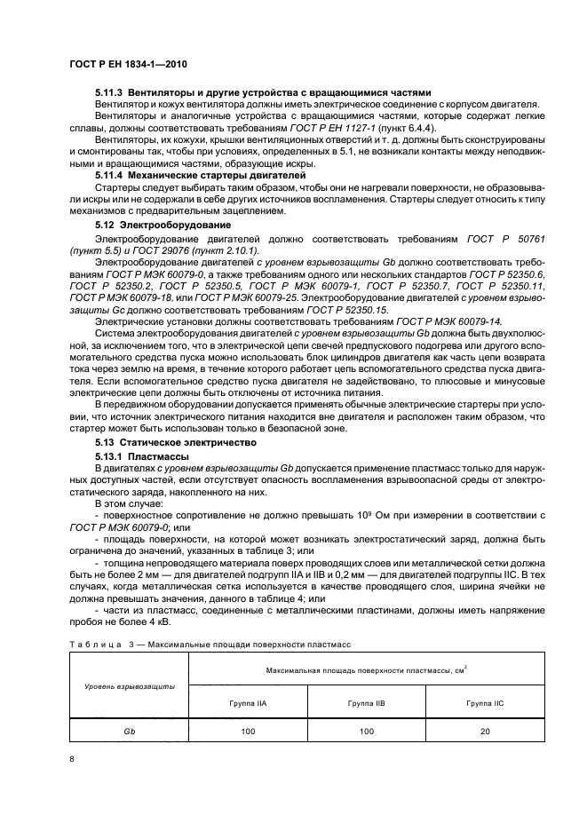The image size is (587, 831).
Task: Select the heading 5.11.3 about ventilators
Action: (x=263, y=92)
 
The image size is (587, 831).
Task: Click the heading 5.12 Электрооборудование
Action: (x=163, y=226)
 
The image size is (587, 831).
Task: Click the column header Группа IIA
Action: (x=248, y=702)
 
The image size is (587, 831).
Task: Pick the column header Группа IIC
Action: (x=485, y=702)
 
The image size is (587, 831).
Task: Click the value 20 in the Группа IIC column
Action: (x=485, y=730)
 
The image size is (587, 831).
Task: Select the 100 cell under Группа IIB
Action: (x=366, y=730)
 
